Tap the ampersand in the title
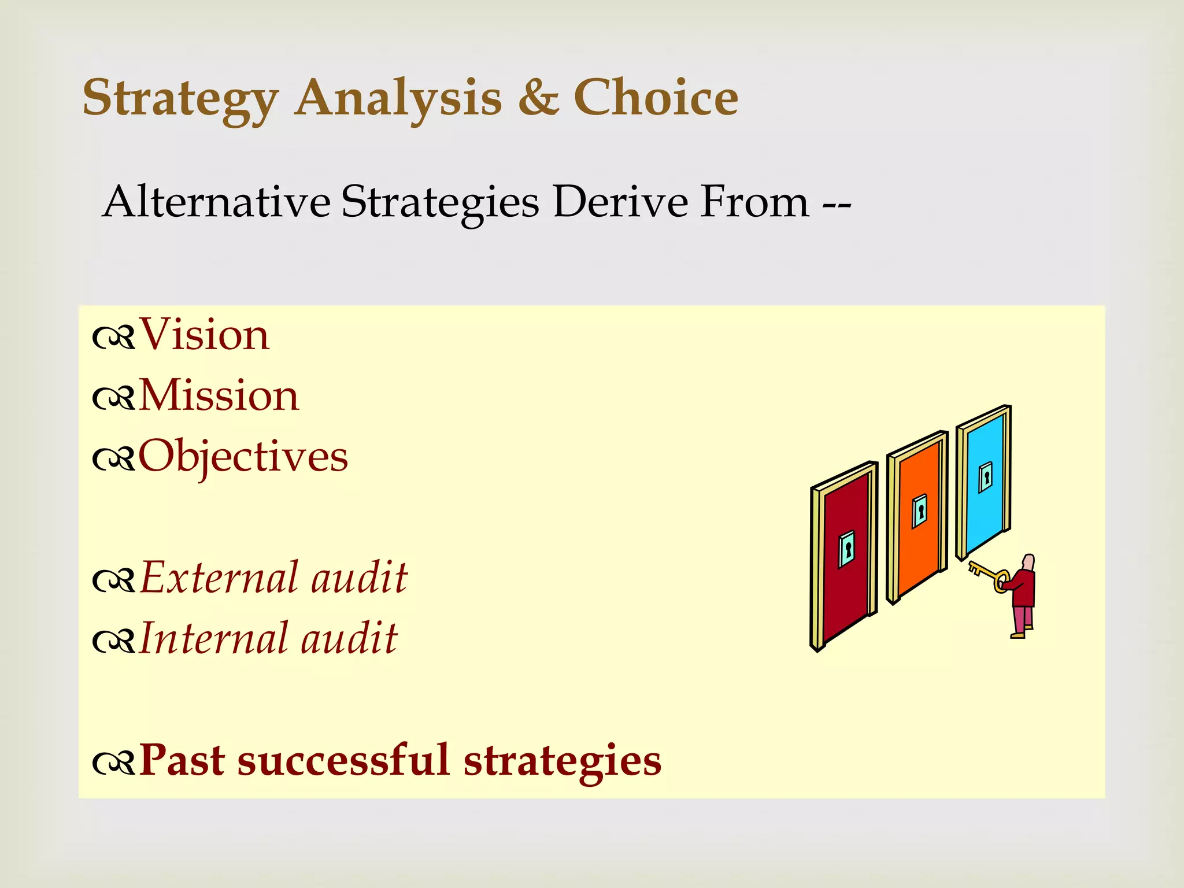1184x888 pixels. coord(538,97)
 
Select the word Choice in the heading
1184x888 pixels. coord(656,97)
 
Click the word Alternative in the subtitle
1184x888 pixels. coord(216,202)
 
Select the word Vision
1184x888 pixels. coord(204,335)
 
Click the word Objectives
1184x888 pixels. coord(243,457)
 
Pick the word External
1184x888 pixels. coord(220,578)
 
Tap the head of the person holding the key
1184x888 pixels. coord(1028,563)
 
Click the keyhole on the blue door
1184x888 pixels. coord(986,478)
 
